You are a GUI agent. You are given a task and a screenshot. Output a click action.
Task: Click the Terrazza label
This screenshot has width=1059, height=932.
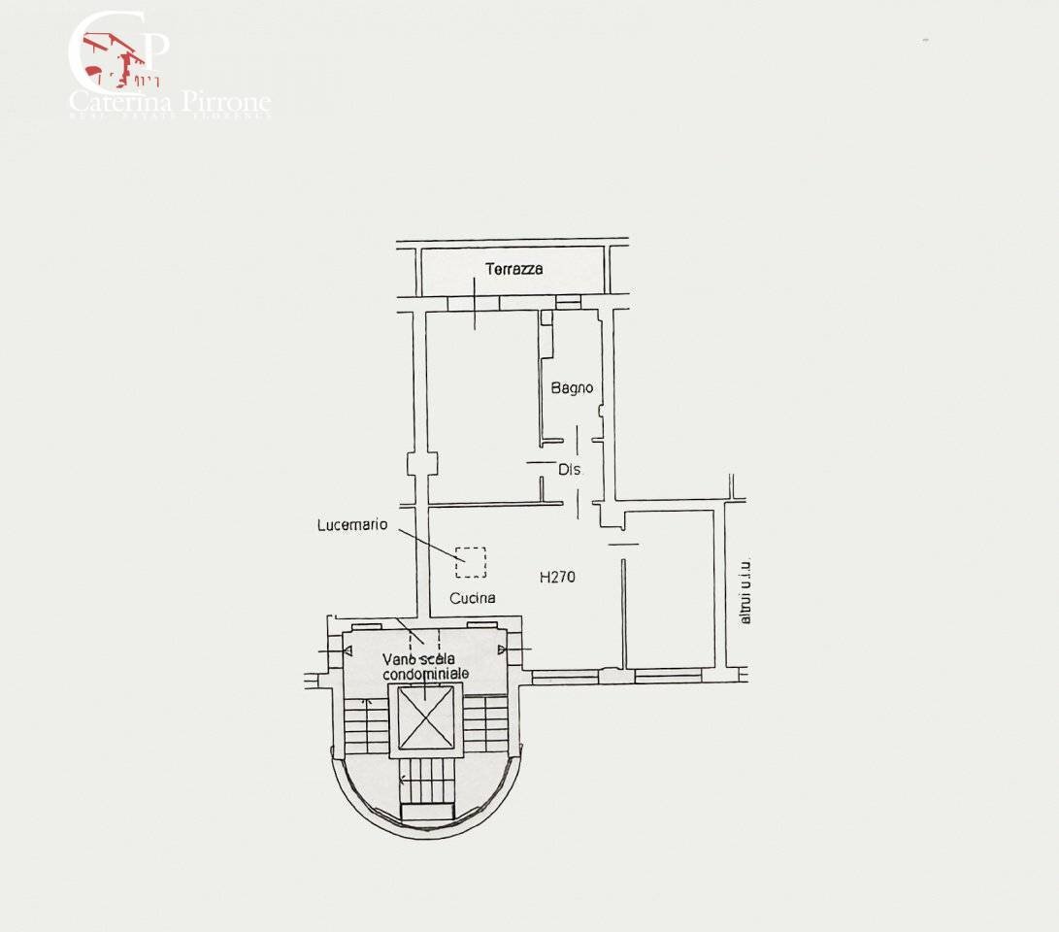tap(514, 269)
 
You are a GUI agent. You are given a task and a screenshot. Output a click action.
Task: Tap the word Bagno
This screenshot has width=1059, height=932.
tap(572, 388)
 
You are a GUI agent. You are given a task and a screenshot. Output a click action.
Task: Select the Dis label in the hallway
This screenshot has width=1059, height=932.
tap(569, 469)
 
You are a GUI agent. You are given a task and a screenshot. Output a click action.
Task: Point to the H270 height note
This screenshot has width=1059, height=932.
tap(557, 577)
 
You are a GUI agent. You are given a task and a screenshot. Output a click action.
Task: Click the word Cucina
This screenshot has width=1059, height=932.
tap(473, 598)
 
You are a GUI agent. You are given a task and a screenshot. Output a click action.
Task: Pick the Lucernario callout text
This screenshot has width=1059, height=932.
tap(352, 525)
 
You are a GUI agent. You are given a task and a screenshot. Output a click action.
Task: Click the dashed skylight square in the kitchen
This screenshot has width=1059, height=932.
tap(471, 562)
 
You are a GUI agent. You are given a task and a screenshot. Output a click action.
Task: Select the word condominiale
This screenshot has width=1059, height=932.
tap(426, 674)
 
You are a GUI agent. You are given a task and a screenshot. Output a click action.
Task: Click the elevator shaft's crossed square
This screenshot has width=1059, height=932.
tap(426, 717)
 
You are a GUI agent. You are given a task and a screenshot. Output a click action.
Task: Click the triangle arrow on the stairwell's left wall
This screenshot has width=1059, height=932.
tap(347, 649)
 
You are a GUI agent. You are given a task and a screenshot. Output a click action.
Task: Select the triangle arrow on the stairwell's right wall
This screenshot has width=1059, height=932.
tap(502, 649)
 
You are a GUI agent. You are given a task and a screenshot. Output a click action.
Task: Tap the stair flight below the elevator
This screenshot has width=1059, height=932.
tap(427, 781)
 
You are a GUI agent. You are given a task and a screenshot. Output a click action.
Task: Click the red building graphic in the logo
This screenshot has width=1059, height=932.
tap(112, 58)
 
